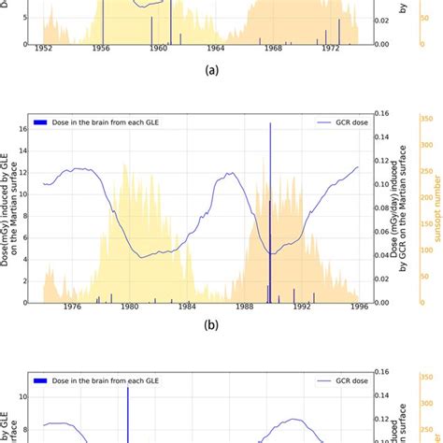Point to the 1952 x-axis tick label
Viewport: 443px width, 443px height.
[x=43, y=49]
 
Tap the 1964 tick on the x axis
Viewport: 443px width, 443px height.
[x=216, y=49]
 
